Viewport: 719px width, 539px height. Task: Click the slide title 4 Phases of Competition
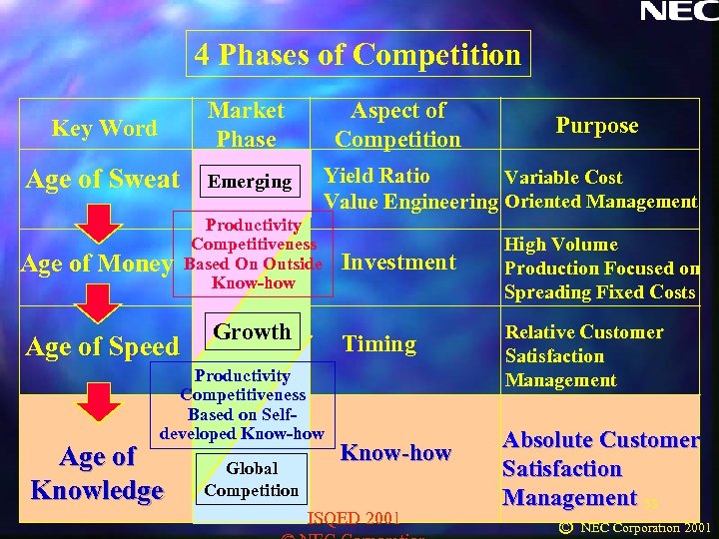point(359,54)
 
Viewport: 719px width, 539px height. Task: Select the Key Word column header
point(104,128)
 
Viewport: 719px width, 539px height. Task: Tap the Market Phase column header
point(247,125)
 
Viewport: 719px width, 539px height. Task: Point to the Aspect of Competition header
point(397,125)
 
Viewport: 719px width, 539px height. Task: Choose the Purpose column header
point(596,125)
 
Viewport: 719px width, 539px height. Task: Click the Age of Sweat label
point(103,180)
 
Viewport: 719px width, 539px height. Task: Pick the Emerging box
point(249,182)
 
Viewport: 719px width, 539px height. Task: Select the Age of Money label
point(97,264)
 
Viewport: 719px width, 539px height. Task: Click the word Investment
point(398,263)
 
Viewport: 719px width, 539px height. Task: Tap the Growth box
point(253,331)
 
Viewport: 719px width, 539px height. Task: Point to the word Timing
point(378,344)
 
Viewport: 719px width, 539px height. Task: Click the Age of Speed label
point(102,346)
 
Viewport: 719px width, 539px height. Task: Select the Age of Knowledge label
point(97,473)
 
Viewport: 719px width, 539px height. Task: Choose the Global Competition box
point(252,479)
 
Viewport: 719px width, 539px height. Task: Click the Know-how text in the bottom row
point(395,453)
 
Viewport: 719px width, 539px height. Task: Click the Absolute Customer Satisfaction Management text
point(599,468)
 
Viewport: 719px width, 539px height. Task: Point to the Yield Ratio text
point(376,177)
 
